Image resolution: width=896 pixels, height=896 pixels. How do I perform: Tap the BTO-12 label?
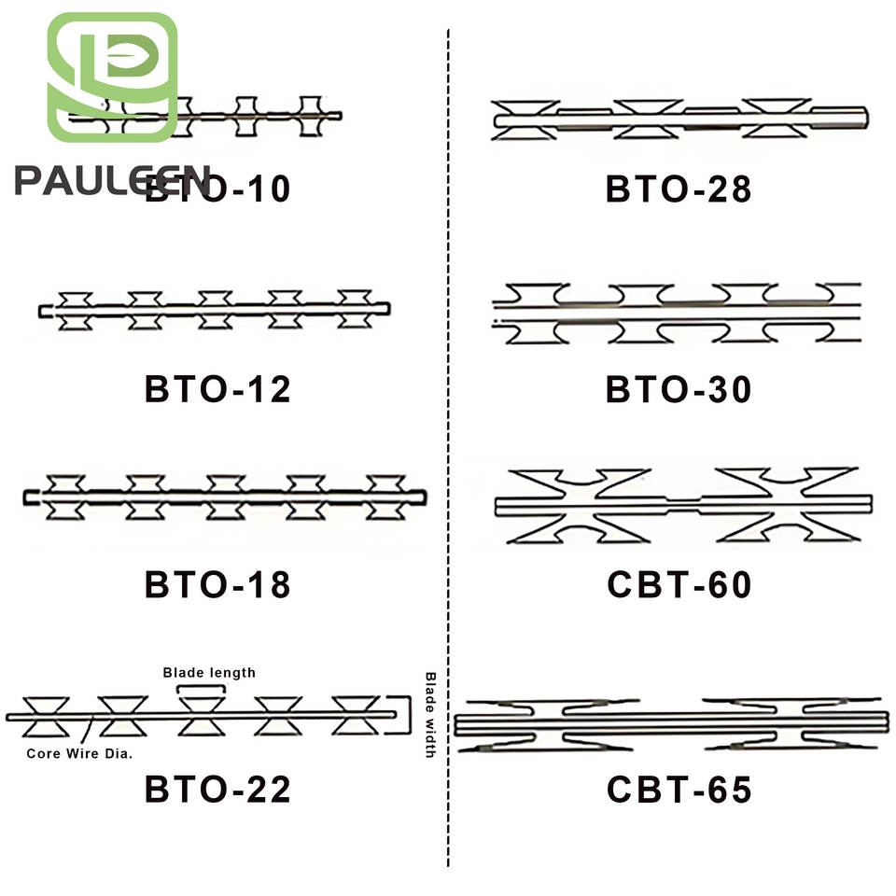coord(217,388)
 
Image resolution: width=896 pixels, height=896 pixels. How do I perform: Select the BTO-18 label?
coord(217,585)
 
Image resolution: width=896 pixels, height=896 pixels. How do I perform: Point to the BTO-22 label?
coord(217,790)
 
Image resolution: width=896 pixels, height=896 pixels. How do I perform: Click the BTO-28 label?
coord(679,189)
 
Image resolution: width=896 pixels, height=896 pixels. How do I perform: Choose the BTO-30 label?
coord(679,388)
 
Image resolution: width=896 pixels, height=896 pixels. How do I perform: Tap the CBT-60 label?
coord(679,585)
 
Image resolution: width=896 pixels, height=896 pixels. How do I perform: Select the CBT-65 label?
coord(679,790)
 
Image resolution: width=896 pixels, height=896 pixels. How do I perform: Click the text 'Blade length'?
coord(209,672)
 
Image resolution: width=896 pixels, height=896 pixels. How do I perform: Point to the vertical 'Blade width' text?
coord(430,714)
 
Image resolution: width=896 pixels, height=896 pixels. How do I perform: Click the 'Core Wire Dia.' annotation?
coord(78,753)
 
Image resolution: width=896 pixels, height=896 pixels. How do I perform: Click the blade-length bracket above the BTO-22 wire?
coord(201,689)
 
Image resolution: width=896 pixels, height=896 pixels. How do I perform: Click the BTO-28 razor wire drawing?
coord(679,119)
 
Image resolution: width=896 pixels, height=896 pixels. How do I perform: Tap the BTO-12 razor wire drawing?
coord(215,309)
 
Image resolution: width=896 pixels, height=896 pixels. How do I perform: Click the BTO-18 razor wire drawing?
coord(224,497)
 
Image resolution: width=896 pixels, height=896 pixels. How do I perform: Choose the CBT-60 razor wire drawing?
coord(681,505)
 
